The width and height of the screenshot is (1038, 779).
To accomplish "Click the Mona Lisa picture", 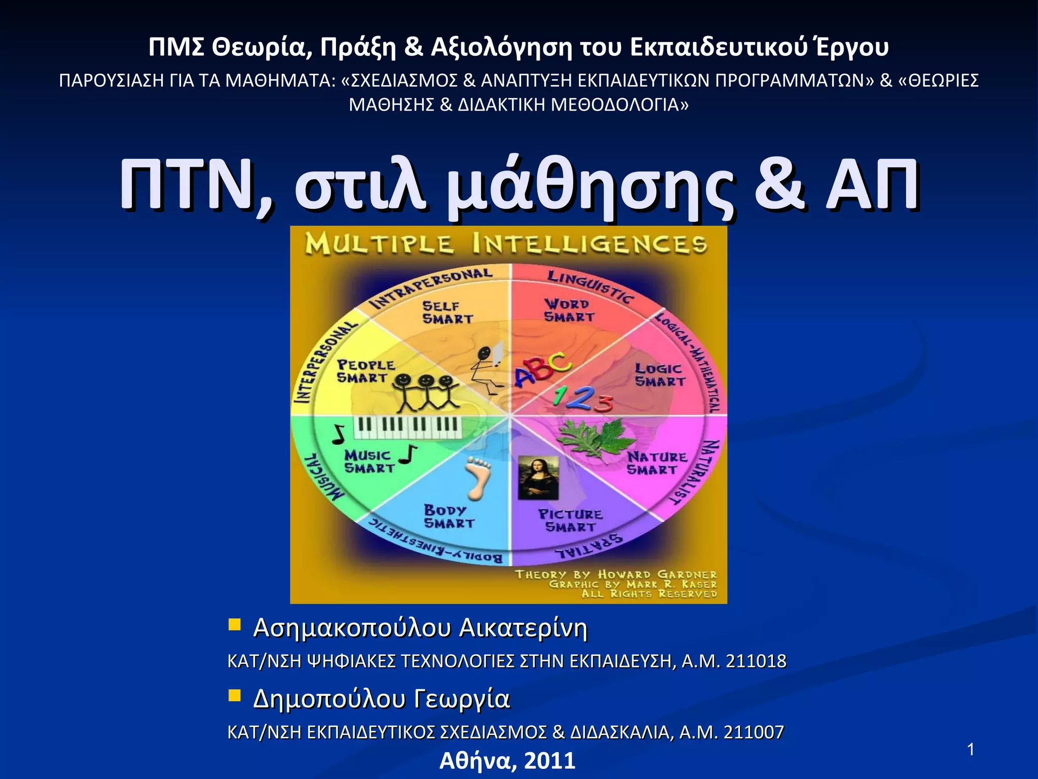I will pos(538,478).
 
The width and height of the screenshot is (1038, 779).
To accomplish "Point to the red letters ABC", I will pos(541,372).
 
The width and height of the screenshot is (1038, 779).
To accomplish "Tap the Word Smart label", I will pos(568,310).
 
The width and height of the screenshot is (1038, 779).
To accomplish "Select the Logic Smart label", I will pos(659,375).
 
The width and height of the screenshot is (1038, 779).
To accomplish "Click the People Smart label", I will pos(365,371).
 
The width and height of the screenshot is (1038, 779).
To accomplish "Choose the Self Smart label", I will pos(447,312).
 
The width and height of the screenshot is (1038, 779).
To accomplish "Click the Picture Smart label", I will pos(570,520).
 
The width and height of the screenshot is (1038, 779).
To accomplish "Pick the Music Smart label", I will pos(368,461).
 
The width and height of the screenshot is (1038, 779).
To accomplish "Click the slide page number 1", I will pos(971,750).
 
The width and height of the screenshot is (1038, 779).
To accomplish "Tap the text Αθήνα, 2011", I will pos(507,761).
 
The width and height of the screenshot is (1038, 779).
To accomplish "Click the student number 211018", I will pos(756,661).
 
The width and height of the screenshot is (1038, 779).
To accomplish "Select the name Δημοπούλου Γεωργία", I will pos(381,698).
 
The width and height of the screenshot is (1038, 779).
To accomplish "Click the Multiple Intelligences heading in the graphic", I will pos(505,245).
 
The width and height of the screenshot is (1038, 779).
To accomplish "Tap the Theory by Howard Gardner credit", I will pos(616,575).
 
